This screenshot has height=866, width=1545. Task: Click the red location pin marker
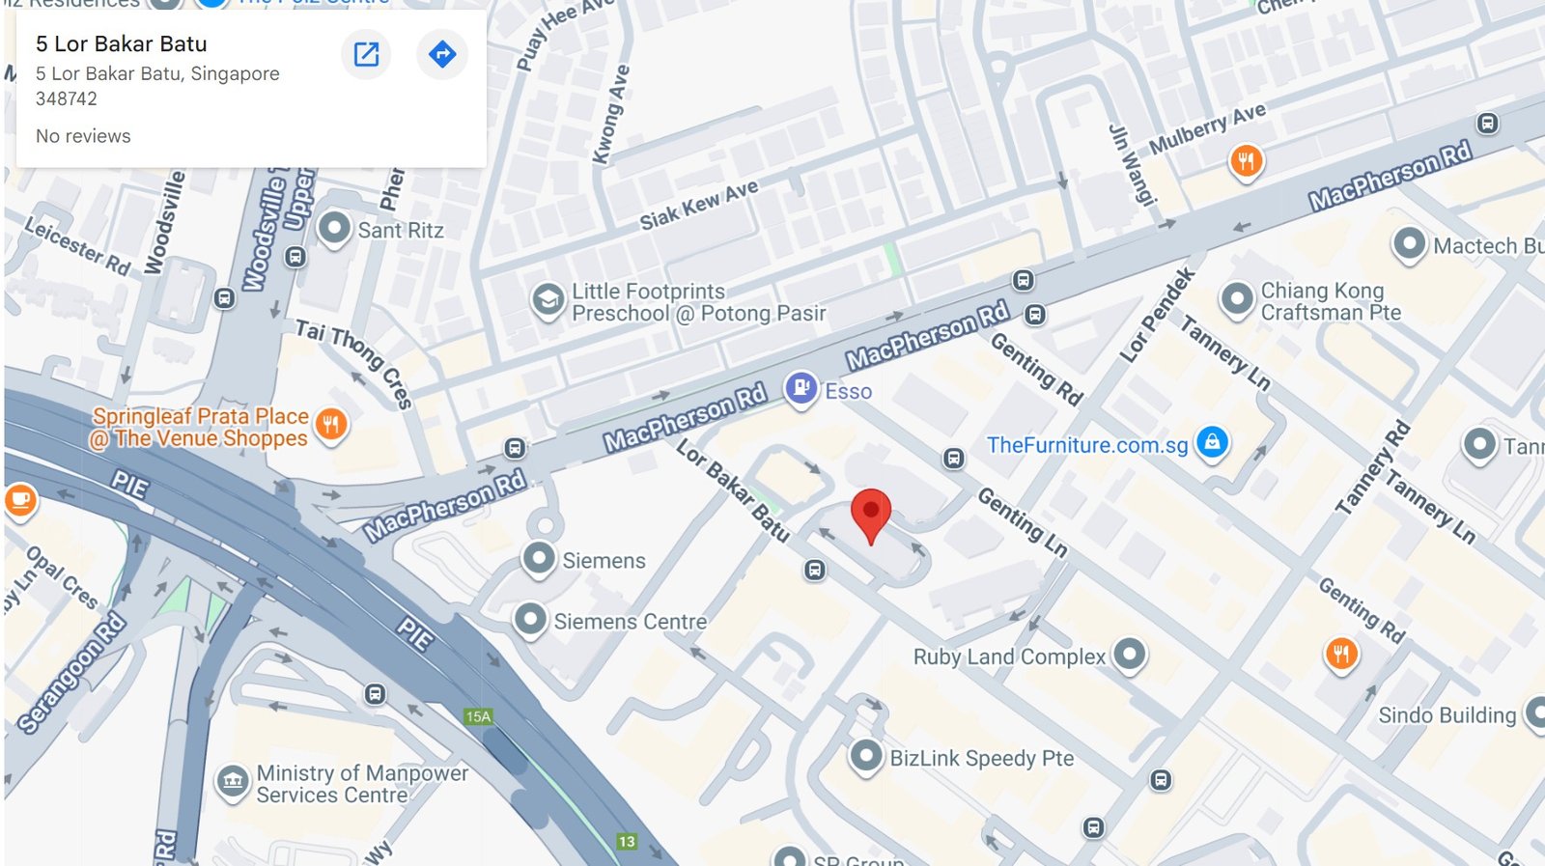[870, 512]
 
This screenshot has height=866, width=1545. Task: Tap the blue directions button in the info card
[442, 54]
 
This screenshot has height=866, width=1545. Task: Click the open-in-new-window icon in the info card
[367, 54]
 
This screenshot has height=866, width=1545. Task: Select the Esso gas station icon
[801, 388]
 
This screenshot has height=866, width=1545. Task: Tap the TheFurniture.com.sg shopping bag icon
[1212, 442]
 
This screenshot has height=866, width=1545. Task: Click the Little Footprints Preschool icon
[548, 300]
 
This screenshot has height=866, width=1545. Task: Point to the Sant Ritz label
[400, 231]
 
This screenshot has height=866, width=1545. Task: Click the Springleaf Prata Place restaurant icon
[331, 423]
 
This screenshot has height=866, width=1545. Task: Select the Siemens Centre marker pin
[530, 619]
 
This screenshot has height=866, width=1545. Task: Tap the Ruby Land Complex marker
[1129, 654]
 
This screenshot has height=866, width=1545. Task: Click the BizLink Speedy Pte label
[981, 759]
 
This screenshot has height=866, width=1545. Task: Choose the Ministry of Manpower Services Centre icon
[233, 781]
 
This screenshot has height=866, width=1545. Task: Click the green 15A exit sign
[478, 716]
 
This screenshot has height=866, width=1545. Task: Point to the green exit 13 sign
[627, 841]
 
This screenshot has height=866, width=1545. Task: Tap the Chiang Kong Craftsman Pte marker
[1237, 298]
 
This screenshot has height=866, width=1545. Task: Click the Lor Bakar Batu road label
[732, 489]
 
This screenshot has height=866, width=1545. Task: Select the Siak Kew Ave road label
[699, 205]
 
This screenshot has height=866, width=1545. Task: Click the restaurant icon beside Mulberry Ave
[1246, 160]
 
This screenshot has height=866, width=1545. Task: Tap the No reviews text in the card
[83, 136]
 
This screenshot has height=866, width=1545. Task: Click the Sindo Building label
[1447, 715]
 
